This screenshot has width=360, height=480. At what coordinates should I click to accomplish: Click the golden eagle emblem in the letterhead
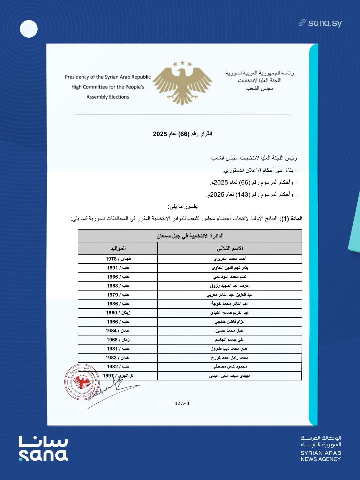coord(182,83)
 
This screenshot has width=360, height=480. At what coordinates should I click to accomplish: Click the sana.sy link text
coord(325,23)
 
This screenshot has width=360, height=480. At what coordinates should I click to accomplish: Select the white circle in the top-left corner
coord(29,29)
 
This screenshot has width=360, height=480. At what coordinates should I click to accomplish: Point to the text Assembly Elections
coord(108,97)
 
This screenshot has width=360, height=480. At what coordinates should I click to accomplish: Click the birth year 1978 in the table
coord(111,259)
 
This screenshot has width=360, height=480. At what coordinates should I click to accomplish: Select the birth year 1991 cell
coord(112,268)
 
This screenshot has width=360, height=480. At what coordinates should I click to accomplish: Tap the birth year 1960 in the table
coord(111,313)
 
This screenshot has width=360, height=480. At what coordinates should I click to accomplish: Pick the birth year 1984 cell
coord(111,331)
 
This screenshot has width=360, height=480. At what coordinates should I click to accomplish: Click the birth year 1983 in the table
coord(111,358)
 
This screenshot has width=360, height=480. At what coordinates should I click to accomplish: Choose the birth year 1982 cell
coord(112,367)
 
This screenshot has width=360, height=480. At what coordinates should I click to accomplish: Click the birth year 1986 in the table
coord(112,304)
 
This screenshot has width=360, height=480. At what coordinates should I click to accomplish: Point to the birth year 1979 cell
coord(112,295)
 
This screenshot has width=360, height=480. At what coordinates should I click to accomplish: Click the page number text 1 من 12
coord(182,403)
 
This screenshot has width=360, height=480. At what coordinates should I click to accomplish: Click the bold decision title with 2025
coord(182,134)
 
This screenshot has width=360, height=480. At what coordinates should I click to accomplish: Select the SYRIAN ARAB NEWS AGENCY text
coord(321,456)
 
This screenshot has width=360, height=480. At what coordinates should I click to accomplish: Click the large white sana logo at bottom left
coord(43,449)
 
